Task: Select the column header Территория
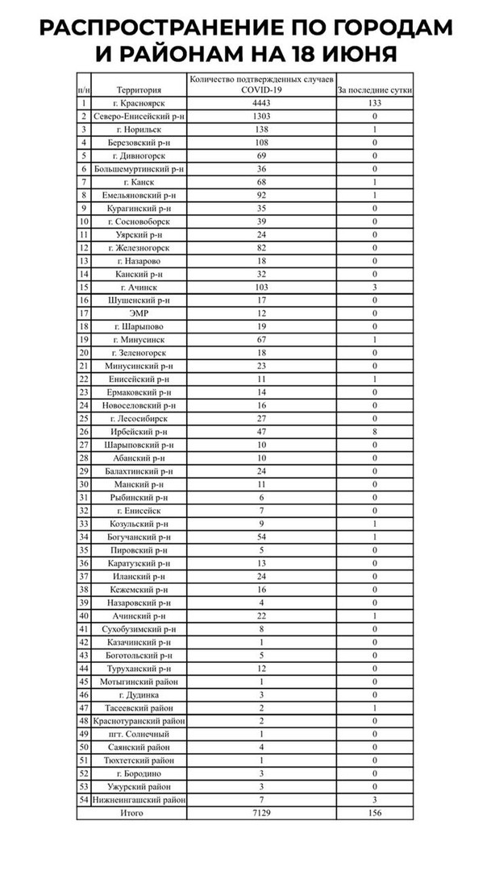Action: [139, 89]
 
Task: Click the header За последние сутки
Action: [374, 89]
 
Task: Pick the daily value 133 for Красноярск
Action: [374, 103]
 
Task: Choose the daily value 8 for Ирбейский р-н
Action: [374, 431]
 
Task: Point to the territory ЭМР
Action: [139, 313]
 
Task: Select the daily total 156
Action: [374, 814]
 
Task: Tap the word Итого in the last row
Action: [131, 814]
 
